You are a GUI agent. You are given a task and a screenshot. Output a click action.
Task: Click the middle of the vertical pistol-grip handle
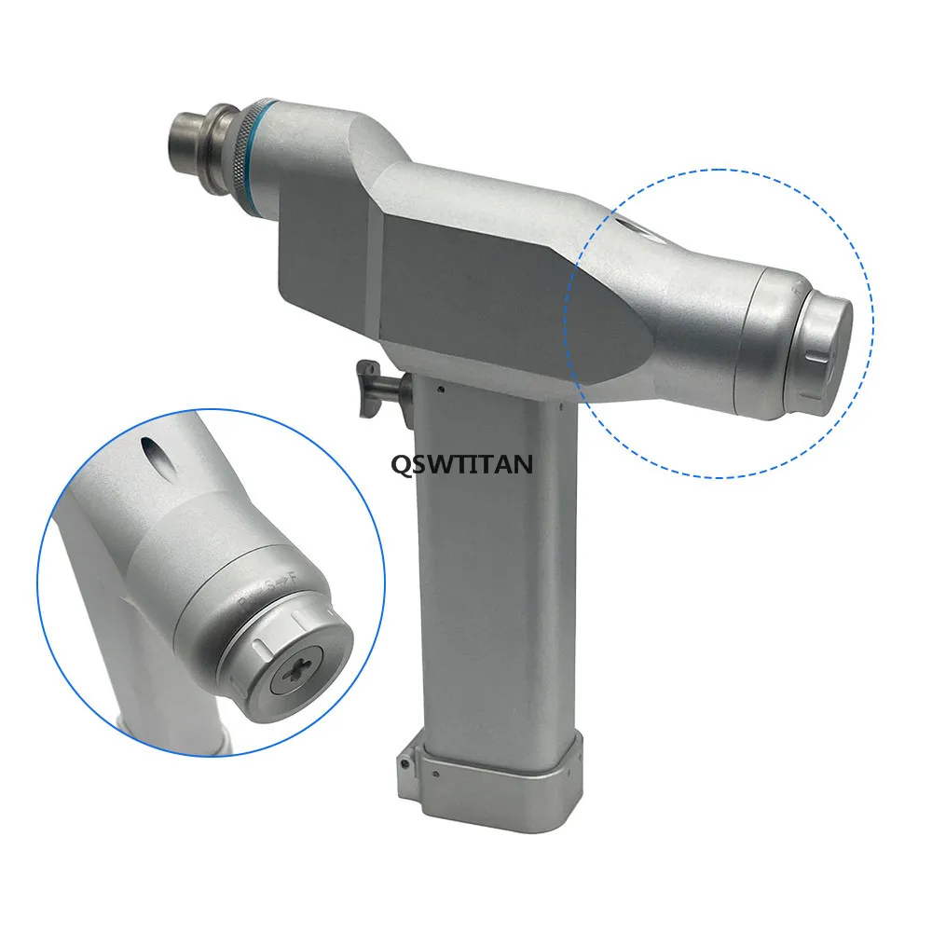coord(489,578)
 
